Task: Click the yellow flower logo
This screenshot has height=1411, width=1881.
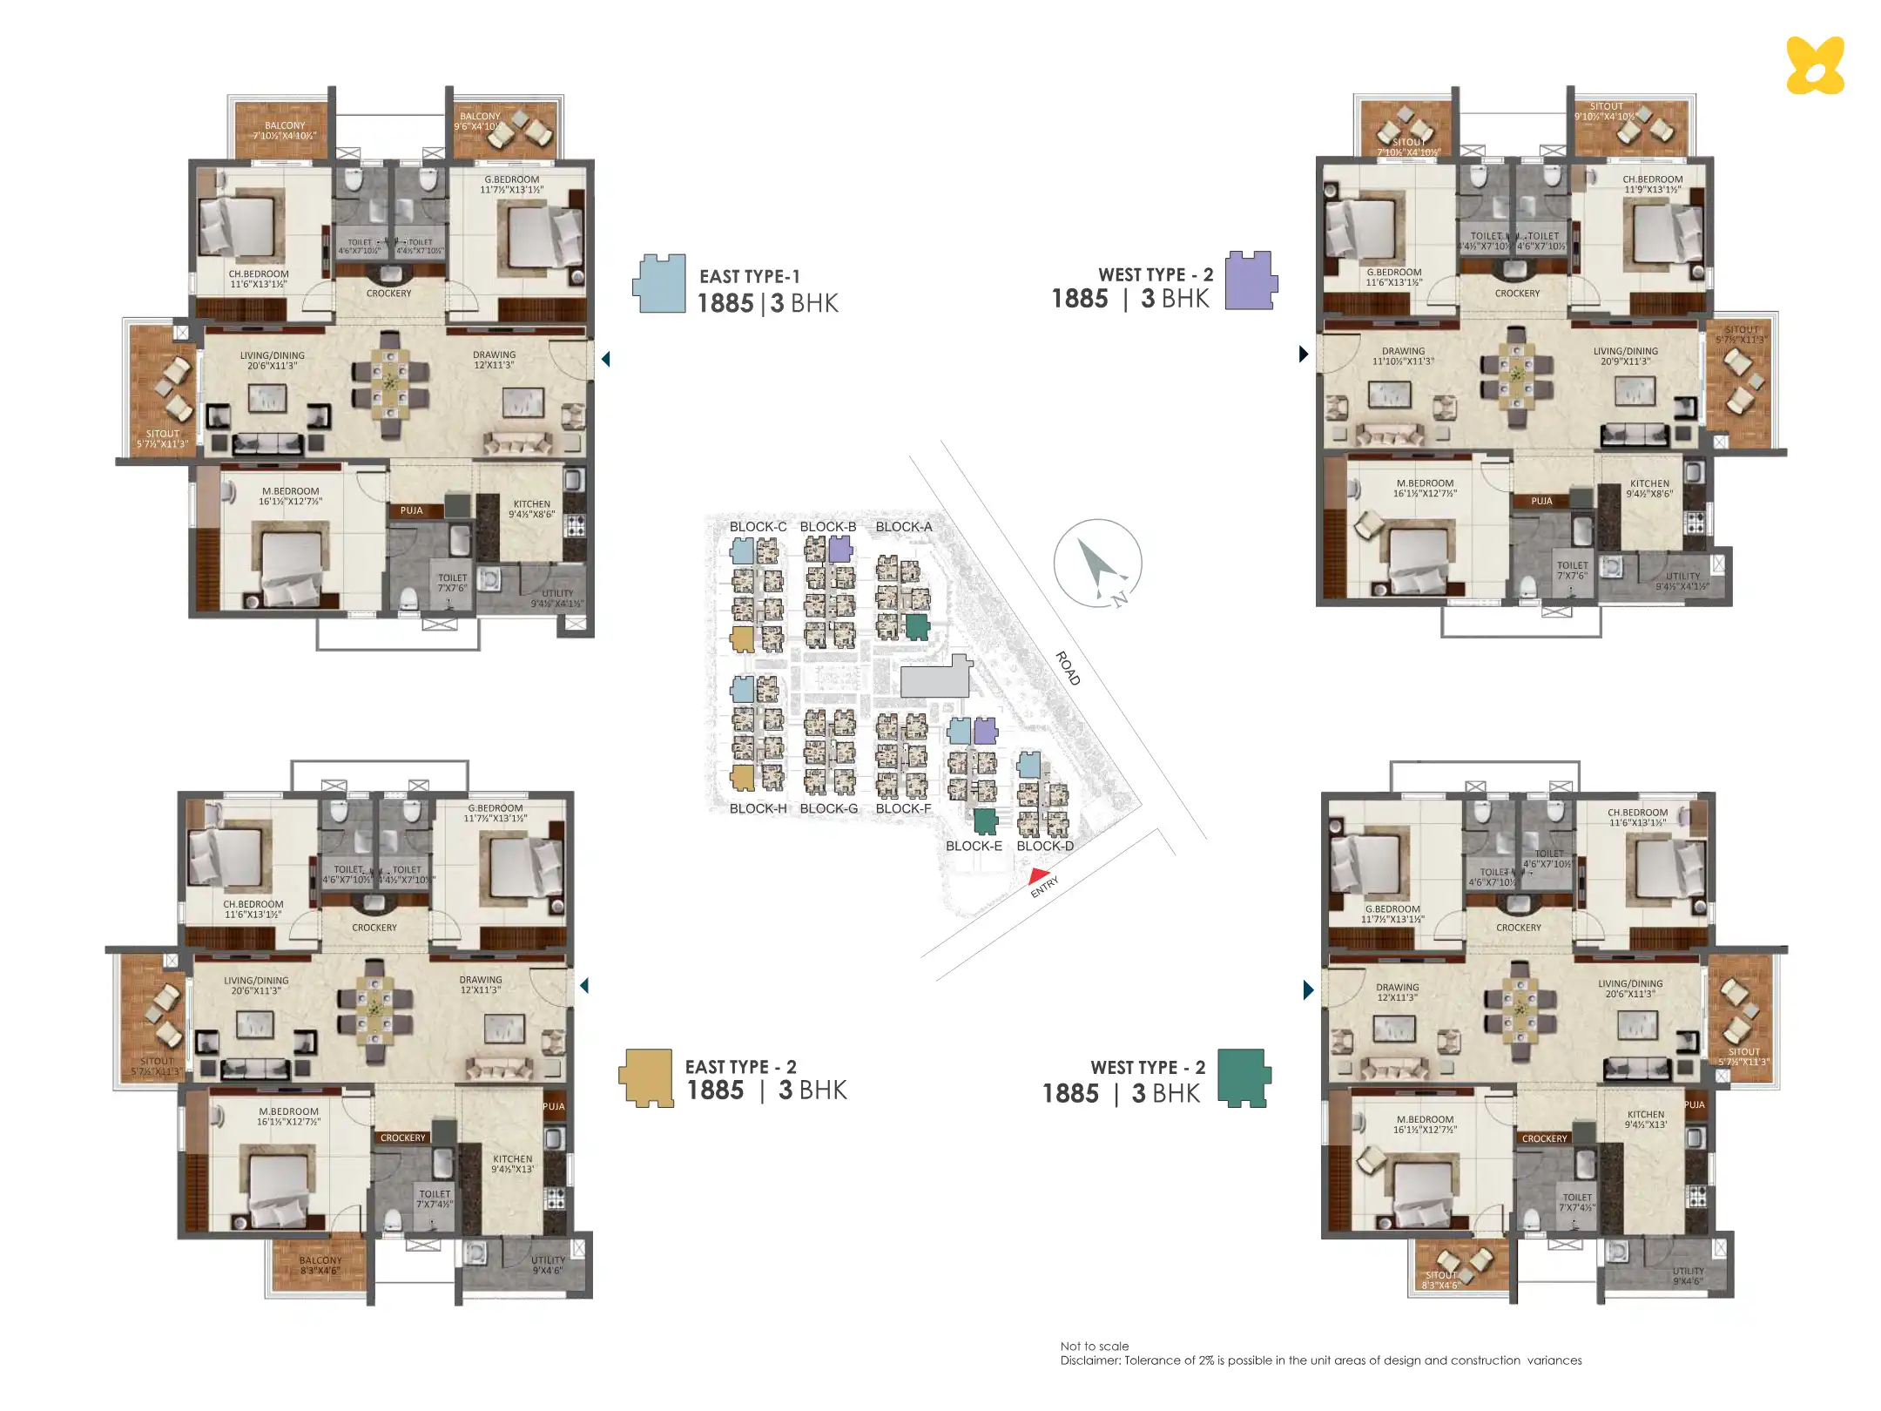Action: tap(1815, 65)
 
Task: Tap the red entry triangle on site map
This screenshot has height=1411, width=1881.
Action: tap(1038, 876)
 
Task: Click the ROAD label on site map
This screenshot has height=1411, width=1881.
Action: tap(1068, 668)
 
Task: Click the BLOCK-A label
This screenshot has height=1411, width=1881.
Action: tap(903, 527)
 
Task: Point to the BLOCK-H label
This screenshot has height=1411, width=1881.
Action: tap(758, 808)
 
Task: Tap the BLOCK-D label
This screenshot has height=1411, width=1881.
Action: tap(1045, 846)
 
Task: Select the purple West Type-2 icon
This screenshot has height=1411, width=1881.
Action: tap(1251, 280)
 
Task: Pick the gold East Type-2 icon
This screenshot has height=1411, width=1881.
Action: tap(647, 1077)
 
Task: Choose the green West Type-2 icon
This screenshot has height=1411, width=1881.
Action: tap(1244, 1077)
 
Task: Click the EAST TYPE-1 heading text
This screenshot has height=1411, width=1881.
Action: tap(749, 277)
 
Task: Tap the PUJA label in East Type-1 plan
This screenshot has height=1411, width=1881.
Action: tap(412, 510)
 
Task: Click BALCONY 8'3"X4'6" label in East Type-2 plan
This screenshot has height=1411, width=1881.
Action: tap(320, 1265)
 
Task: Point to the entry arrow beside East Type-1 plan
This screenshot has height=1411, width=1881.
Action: tap(606, 359)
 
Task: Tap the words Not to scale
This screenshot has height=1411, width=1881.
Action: tap(1094, 1346)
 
